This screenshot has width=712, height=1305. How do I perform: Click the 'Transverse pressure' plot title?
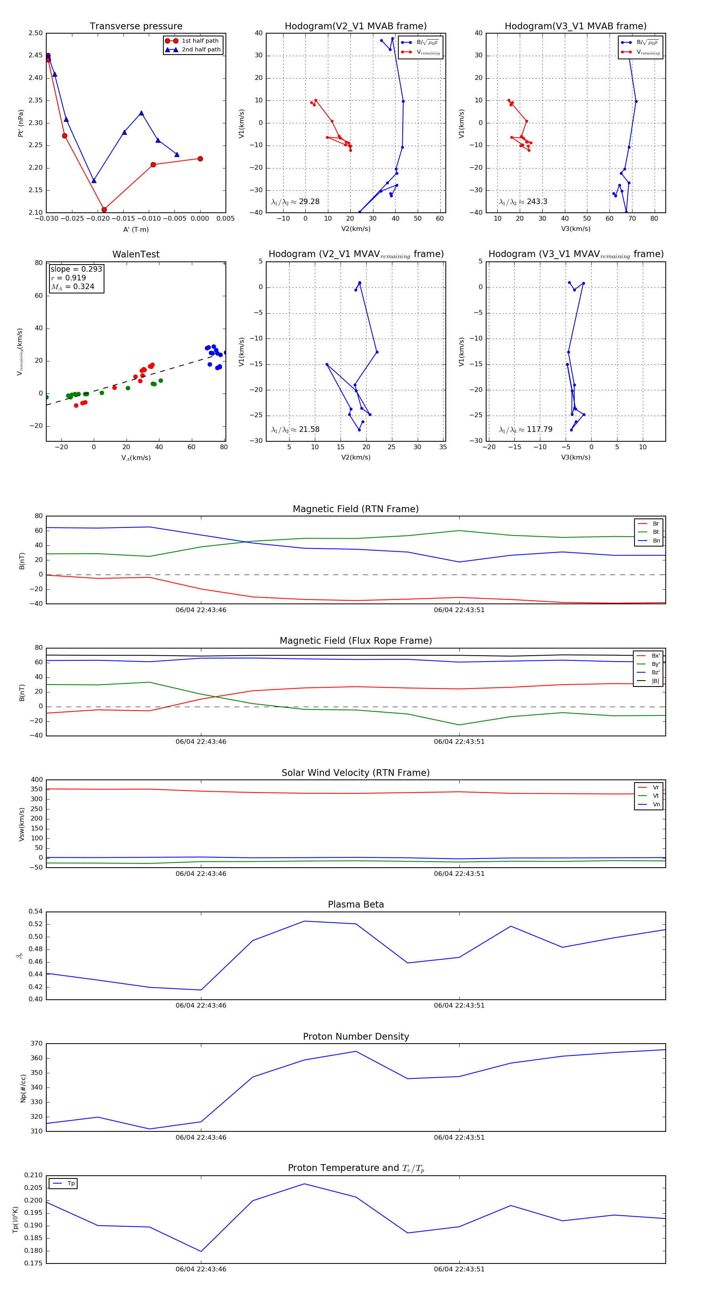coord(136,26)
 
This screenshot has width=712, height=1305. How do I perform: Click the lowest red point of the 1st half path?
coord(104,210)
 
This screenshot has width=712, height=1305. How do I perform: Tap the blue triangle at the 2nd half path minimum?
coord(94,181)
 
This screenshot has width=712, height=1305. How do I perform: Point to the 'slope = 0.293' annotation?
coord(76,269)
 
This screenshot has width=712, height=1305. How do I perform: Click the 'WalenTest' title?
coord(136,254)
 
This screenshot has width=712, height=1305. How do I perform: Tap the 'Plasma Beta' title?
coord(356,904)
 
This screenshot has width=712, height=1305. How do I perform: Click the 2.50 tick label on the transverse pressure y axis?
coord(36,34)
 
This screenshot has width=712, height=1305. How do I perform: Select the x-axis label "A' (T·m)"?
coord(136,229)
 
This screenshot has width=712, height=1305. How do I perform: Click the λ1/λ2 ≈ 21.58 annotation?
coord(295,429)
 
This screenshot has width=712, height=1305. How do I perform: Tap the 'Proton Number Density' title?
coord(356,1036)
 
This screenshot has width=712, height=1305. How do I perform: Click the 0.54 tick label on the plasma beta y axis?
coord(36,912)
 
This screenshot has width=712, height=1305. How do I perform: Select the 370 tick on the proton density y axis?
coord(36,1044)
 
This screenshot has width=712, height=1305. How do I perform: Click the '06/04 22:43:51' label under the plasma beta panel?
coord(458,1006)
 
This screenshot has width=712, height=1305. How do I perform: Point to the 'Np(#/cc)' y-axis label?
coord(23,1088)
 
